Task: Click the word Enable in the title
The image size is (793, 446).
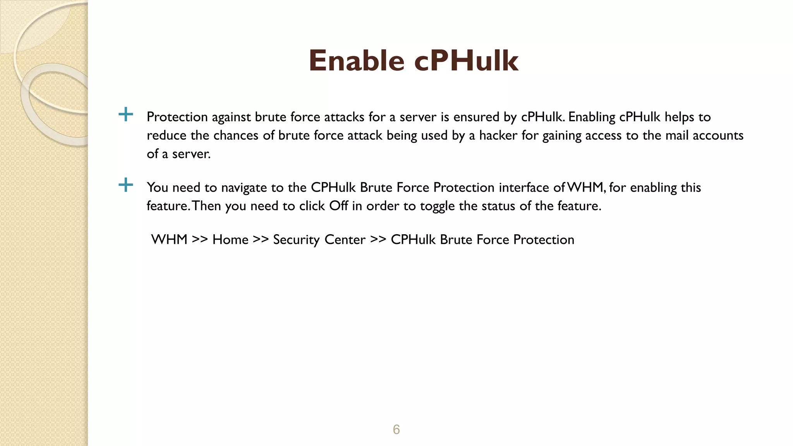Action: click(356, 61)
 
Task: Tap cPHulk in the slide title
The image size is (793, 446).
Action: click(466, 61)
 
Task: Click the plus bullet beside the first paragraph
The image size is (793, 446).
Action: click(125, 114)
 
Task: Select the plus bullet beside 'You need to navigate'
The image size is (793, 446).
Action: click(125, 185)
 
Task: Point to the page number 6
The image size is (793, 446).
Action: click(396, 429)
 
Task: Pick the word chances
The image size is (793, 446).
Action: click(236, 135)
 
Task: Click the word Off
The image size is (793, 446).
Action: click(338, 206)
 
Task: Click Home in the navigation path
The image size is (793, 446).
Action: click(230, 239)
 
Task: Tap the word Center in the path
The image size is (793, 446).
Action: click(345, 240)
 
